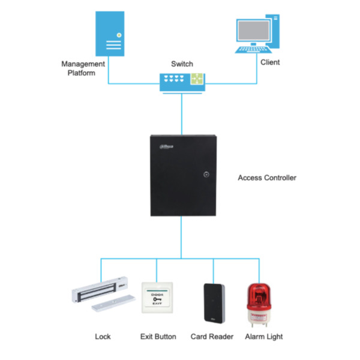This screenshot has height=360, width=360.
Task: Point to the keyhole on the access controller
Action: point(205,176)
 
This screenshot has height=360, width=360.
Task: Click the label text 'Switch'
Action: point(182,64)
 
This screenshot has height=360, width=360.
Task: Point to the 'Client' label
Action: point(270,62)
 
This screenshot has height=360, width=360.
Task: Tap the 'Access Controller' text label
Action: point(267,178)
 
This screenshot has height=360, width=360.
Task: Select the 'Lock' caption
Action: point(103,337)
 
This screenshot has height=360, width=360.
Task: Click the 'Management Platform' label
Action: point(83,68)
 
